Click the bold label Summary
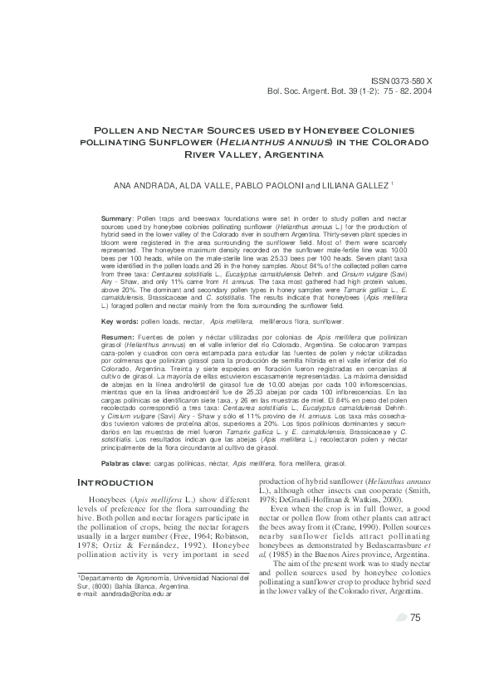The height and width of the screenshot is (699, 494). coord(118,215)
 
